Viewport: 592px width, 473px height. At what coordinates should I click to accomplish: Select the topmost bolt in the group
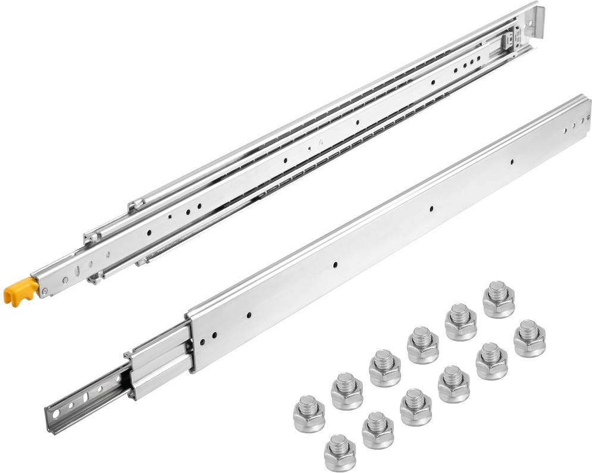tap(499, 299)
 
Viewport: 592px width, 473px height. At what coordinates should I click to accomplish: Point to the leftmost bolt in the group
tap(309, 414)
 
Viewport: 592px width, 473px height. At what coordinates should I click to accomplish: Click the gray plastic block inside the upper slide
tap(506, 40)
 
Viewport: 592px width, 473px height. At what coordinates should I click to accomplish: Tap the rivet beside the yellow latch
tap(45, 290)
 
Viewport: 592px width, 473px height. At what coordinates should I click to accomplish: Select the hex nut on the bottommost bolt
tap(340, 459)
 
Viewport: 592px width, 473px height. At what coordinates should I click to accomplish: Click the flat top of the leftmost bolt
tap(309, 402)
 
